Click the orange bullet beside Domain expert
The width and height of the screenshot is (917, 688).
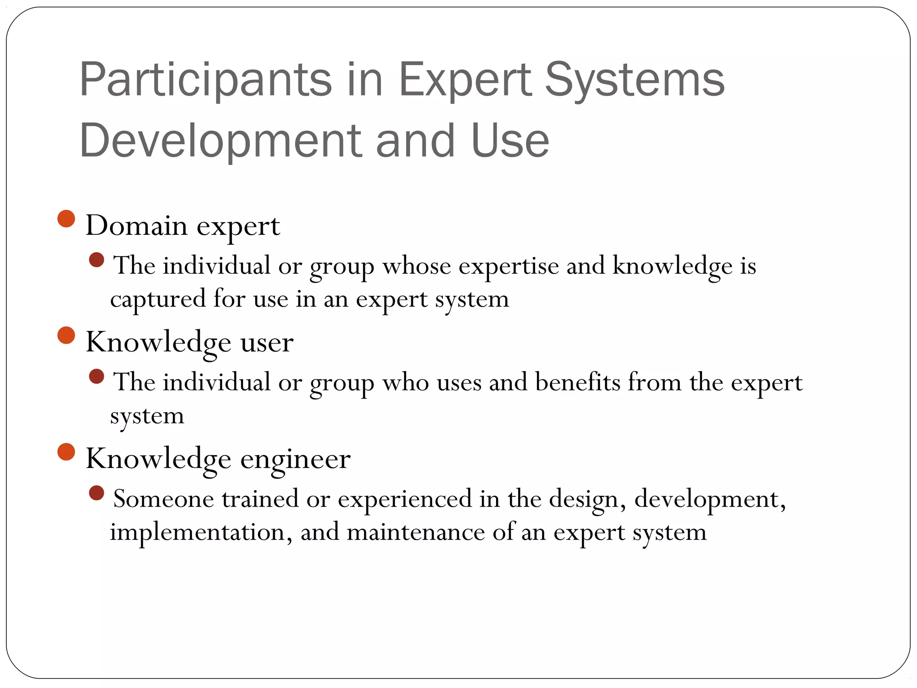tap(66, 219)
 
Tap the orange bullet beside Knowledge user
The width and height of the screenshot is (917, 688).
tap(66, 335)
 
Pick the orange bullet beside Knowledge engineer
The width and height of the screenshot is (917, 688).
tap(66, 452)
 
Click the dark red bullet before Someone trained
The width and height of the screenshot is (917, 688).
tap(97, 493)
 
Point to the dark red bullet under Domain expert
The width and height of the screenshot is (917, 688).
tap(97, 260)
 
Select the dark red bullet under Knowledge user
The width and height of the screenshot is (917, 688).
tap(97, 377)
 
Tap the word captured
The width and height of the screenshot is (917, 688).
tap(158, 299)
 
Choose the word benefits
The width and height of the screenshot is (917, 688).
tap(578, 383)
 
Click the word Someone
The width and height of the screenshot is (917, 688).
tap(163, 499)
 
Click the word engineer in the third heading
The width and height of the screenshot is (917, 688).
tap(296, 459)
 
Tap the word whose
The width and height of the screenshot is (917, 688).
tap(416, 266)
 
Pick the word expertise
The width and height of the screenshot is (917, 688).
tap(509, 267)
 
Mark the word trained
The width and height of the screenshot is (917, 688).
tap(260, 499)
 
